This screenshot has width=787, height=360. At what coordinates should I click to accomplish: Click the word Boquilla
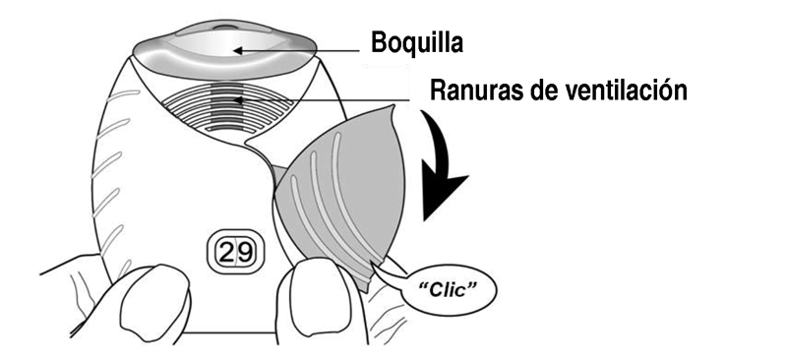click(x=416, y=43)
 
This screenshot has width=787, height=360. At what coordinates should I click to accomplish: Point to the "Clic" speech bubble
click(x=450, y=291)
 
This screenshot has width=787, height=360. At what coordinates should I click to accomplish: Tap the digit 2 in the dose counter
click(x=226, y=252)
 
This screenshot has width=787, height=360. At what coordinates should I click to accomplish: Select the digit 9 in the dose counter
click(x=244, y=252)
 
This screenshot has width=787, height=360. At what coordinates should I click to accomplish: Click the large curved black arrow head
click(x=444, y=196)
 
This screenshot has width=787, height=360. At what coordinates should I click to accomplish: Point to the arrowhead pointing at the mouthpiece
click(x=238, y=50)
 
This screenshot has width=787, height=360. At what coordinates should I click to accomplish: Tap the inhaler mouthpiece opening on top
click(x=224, y=49)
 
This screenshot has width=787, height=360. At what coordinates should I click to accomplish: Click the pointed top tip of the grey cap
click(x=393, y=106)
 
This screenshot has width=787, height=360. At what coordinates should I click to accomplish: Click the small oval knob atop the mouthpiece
click(x=225, y=27)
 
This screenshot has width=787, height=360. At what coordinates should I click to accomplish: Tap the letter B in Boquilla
click(x=379, y=43)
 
